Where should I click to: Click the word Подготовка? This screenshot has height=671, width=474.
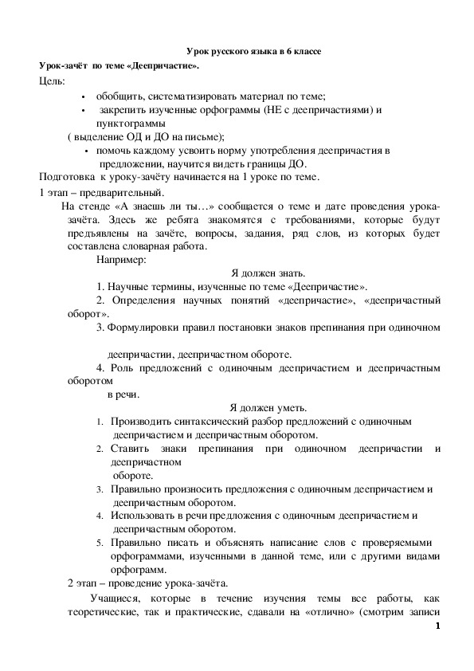(66, 177)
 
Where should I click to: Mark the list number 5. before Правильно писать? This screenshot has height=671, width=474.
(100, 542)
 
